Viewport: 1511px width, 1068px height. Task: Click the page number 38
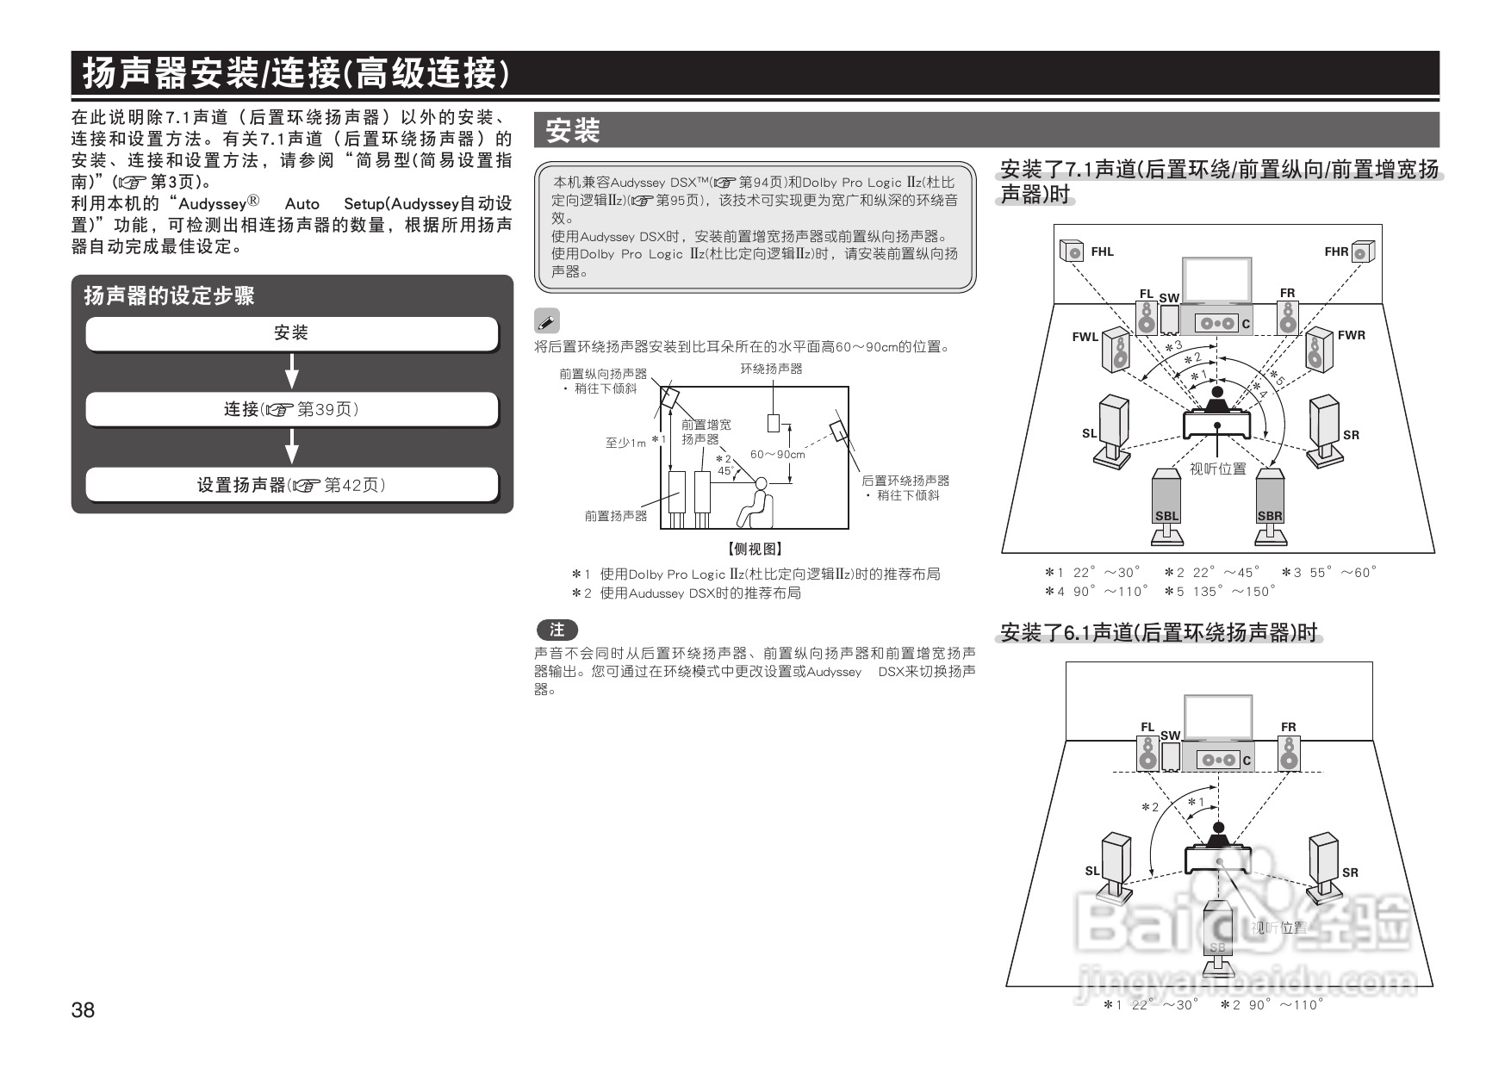pos(84,1009)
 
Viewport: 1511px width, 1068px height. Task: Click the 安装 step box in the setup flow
pos(291,333)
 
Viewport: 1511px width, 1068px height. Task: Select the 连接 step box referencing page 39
pos(291,409)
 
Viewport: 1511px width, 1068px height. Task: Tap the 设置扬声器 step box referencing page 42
pos(291,485)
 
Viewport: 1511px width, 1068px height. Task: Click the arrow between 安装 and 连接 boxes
pos(292,371)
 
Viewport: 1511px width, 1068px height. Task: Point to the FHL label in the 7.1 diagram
pos(1102,252)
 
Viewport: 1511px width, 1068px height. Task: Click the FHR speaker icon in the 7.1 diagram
pos(1362,251)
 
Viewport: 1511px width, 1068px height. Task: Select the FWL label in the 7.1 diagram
pos(1085,338)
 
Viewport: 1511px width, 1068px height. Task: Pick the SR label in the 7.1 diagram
pos(1351,436)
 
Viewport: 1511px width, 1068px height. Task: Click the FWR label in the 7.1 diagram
pos(1351,336)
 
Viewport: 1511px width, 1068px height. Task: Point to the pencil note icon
pos(546,322)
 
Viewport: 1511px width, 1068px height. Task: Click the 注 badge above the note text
pos(557,630)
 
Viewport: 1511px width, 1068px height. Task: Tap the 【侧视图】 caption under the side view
pos(755,549)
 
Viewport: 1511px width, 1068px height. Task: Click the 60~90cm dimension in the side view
pos(777,455)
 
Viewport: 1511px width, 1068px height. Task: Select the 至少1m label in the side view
pos(625,444)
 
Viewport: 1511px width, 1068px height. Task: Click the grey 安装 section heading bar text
pos(573,132)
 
